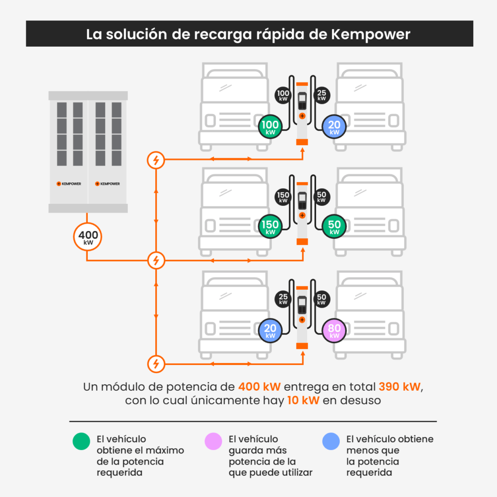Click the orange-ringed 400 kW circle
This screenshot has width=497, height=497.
pos(87,237)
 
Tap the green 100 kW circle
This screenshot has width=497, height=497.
pos(270,127)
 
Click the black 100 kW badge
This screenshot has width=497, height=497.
pos(283,95)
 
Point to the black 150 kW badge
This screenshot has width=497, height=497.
pos(283,197)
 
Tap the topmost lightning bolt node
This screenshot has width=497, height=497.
pos(156,160)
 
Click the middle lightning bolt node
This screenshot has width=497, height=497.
pos(156,261)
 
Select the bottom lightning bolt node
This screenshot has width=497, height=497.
pos(156,364)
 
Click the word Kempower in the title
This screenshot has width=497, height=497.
pos(370,34)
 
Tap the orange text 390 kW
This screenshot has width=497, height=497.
pos(399,387)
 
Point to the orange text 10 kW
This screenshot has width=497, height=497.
pos(303,400)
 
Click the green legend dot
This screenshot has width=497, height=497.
pos(82,441)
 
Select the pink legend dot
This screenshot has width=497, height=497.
pos(214,441)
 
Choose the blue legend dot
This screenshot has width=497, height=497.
pos(331,441)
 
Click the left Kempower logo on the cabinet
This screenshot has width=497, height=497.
pos(69,184)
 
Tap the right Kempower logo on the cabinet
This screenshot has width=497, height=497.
pos(107,184)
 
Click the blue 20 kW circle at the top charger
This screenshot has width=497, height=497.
pos(334,127)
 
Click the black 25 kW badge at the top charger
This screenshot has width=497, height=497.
pos(321,95)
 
